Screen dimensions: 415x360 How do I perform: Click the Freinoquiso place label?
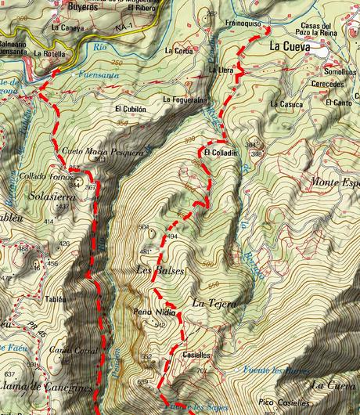click(242, 23)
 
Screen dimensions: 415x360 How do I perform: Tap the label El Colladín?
click(221, 152)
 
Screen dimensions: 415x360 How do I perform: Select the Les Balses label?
click(160, 271)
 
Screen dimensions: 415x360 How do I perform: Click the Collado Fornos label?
click(41, 176)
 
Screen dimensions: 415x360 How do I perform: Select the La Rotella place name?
click(51, 54)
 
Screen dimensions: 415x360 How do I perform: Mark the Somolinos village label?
click(328, 71)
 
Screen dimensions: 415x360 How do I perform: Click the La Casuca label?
click(284, 103)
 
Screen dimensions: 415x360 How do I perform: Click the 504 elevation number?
click(142, 227)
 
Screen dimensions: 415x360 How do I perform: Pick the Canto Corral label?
click(69, 351)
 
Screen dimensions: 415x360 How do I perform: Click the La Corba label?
click(179, 49)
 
